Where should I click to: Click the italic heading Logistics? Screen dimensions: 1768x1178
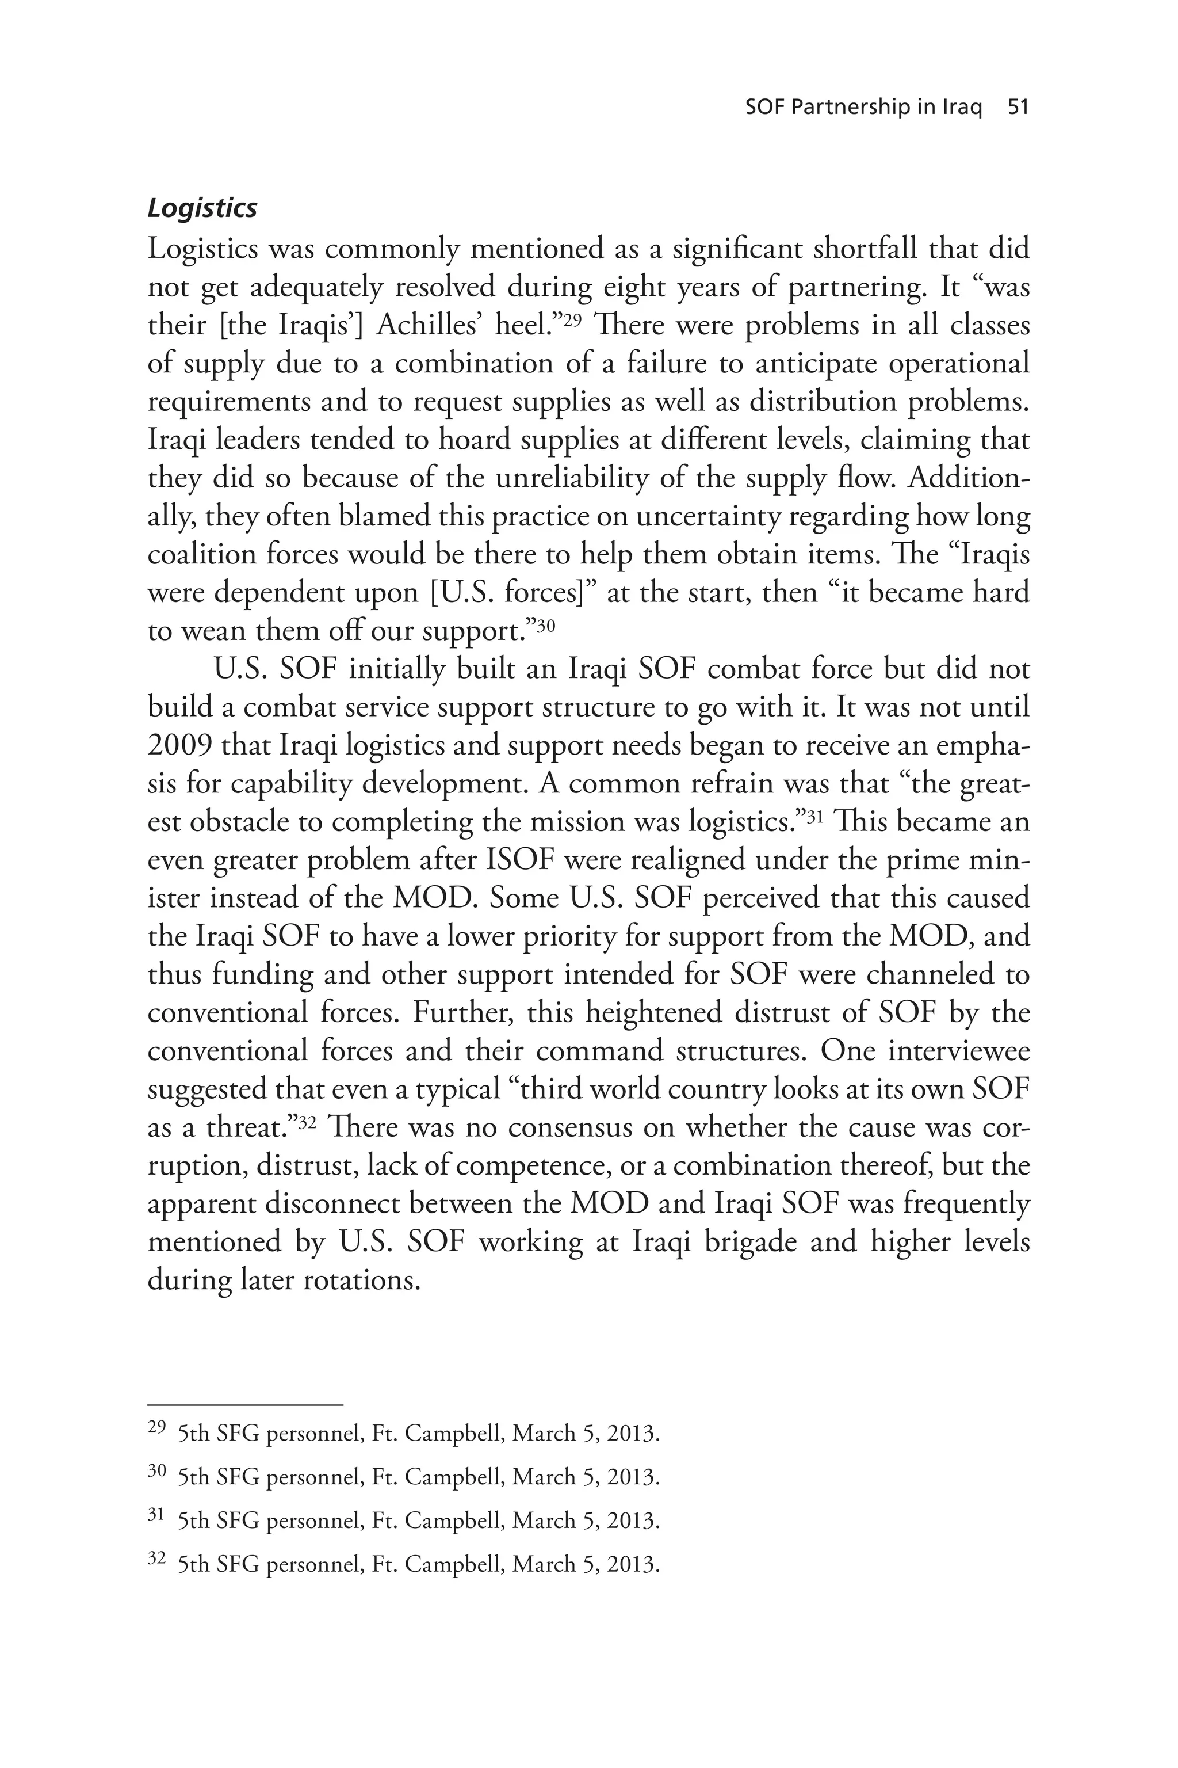202,208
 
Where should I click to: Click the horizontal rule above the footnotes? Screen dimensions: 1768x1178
245,1404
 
